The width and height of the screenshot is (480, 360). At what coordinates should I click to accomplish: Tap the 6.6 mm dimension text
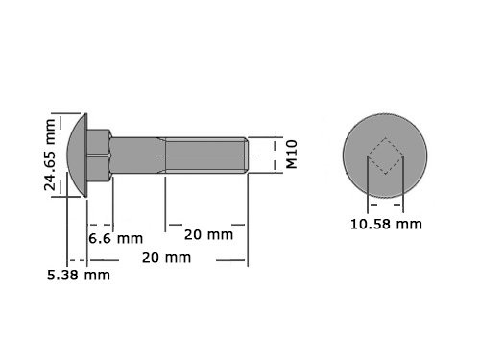(115, 237)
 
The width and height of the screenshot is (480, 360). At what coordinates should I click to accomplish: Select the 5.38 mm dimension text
(79, 275)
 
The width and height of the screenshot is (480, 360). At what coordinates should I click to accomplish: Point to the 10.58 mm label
(385, 225)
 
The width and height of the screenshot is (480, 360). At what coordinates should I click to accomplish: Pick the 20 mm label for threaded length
(208, 234)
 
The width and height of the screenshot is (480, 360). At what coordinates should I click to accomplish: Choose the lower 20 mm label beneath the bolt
(166, 258)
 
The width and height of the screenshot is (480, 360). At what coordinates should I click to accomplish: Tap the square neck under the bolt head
(102, 155)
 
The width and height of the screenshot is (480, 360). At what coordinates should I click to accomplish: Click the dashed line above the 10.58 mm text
(385, 205)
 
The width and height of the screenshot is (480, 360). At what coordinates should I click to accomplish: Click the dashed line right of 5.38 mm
(119, 276)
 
